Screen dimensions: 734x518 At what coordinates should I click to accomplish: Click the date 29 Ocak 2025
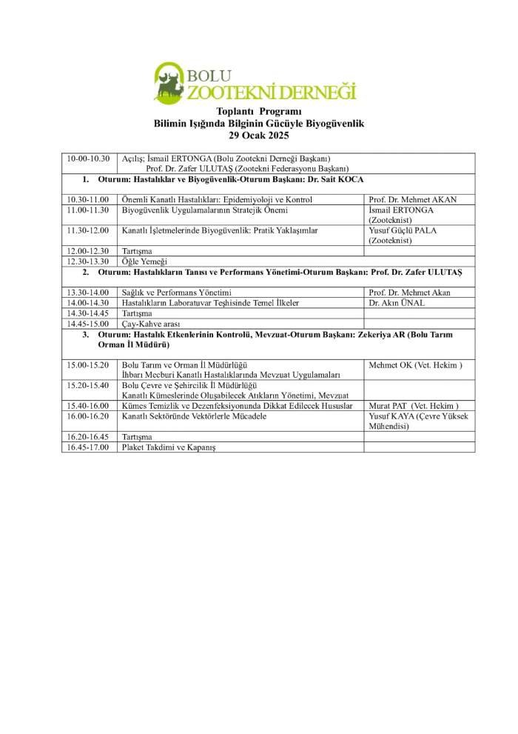point(258,136)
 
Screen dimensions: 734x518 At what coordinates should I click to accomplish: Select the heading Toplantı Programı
point(258,112)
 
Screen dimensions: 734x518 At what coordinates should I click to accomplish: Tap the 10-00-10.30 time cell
point(88,159)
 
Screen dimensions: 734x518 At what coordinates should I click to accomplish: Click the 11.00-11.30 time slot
point(88,210)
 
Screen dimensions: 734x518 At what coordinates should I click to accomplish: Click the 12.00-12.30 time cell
point(88,251)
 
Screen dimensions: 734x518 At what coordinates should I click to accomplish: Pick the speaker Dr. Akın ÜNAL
point(397,303)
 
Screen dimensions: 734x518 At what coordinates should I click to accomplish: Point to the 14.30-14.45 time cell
point(88,313)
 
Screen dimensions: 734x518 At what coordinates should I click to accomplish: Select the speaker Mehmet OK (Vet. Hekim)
point(415,365)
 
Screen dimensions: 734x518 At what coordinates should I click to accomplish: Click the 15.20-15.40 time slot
point(88,385)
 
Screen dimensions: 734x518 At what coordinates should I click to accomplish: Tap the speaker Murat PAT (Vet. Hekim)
point(413,406)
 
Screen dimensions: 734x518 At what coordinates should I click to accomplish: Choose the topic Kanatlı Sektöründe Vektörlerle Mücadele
point(194,416)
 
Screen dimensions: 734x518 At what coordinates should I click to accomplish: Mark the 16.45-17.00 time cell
point(88,447)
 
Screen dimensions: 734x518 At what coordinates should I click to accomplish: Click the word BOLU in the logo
point(209,76)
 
